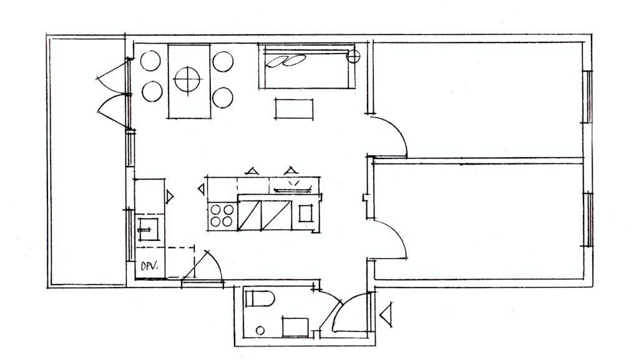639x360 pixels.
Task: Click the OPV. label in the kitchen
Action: tap(149, 266)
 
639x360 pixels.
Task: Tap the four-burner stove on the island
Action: tap(222, 216)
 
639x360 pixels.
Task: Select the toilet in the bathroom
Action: tap(260, 299)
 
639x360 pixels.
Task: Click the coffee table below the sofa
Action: tap(295, 109)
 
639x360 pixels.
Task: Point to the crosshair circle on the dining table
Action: tap(187, 79)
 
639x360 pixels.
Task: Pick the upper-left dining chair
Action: tap(150, 61)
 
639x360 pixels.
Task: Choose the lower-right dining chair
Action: tap(223, 97)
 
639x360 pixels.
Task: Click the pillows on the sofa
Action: tap(286, 61)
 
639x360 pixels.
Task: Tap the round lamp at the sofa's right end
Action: tap(353, 56)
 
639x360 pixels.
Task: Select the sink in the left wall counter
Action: tap(149, 229)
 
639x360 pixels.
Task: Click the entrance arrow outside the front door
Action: tap(386, 314)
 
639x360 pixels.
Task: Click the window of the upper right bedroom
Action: tap(588, 97)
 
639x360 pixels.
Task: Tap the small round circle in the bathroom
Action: tap(260, 330)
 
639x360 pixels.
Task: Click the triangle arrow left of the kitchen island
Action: tap(202, 189)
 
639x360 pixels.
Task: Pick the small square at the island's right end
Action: tap(305, 213)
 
